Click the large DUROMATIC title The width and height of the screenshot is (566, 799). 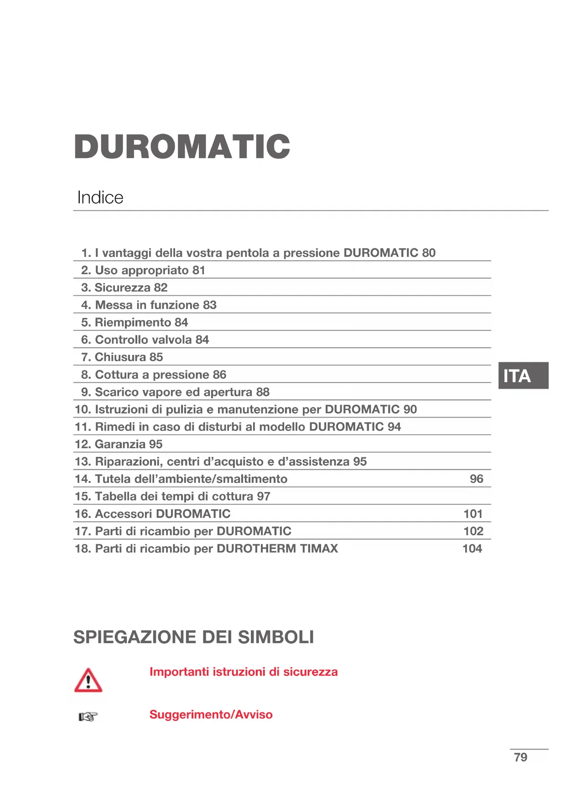pos(182,147)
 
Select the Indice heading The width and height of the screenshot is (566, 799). pos(100,198)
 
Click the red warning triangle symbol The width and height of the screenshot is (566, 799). pos(88,681)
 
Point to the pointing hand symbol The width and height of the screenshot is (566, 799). pos(88,717)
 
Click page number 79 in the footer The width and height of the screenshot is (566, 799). pos(520,757)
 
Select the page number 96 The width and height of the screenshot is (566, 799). pos(476,479)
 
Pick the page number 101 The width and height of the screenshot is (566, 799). pos(473,514)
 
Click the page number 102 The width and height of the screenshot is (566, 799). pos(473,531)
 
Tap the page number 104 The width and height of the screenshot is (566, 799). pos(472,548)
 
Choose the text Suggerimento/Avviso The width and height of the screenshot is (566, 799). pos(211,714)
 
